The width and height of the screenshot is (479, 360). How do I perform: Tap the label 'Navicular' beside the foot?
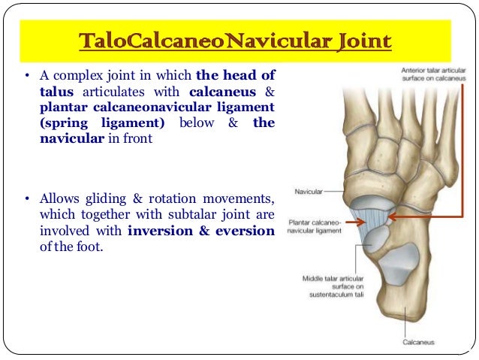308,192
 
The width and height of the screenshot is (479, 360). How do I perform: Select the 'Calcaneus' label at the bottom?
417,343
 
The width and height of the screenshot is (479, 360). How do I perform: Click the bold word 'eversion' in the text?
246,231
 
